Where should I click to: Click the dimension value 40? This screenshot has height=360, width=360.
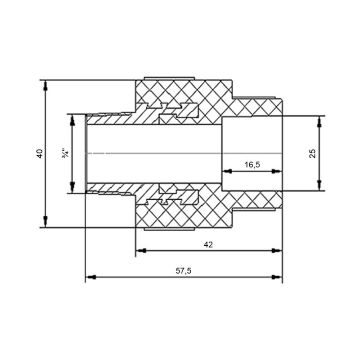pos(40,153)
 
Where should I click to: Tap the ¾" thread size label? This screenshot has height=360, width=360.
pos(65,153)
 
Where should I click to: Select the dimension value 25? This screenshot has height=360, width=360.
pos(312,153)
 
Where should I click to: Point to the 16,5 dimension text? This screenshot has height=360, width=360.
pos(252,165)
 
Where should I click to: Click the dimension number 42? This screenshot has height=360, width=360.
pos(208,244)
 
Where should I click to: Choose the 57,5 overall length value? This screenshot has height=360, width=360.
pos(184,271)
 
